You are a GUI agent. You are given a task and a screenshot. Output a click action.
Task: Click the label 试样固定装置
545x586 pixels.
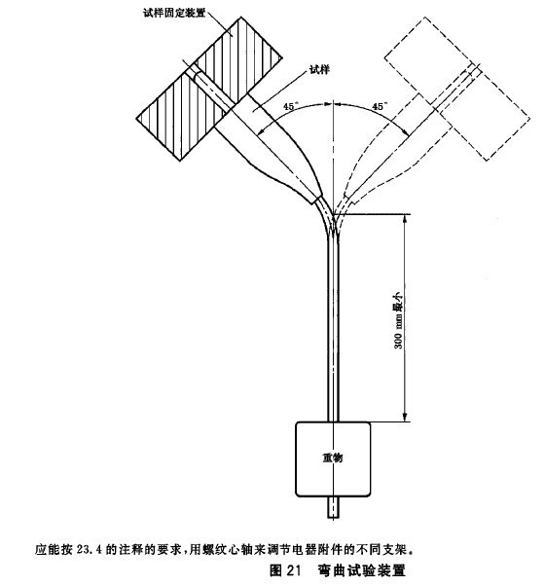174,13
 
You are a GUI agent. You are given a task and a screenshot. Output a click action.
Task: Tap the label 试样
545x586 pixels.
320,69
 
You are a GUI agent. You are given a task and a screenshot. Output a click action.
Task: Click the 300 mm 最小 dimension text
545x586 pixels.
399,320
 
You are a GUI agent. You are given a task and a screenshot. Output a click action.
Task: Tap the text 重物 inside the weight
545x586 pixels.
333,458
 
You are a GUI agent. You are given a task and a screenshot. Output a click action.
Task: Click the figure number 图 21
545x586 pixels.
285,570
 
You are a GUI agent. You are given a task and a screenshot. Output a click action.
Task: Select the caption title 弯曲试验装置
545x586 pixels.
362,570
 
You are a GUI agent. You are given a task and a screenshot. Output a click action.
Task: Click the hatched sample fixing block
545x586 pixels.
209,89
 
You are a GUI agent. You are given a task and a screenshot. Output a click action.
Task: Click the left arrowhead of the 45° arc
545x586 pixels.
262,130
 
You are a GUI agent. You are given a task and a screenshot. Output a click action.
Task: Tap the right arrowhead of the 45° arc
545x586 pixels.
404,130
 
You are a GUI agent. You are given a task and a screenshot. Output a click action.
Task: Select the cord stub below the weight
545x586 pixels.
333,507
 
